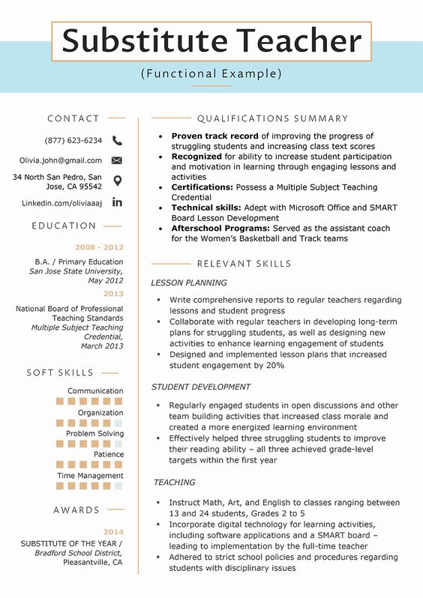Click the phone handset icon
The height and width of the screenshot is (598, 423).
point(117,140)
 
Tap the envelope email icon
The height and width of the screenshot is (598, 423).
point(117,160)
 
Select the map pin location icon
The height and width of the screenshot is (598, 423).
point(117,181)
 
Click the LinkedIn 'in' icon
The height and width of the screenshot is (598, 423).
point(117,202)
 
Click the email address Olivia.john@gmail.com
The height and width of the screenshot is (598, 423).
point(61,160)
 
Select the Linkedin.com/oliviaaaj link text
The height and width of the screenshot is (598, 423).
point(61,203)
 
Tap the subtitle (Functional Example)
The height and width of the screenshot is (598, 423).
point(211,73)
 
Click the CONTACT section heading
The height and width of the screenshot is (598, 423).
point(73,118)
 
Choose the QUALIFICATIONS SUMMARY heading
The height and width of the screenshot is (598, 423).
point(272,118)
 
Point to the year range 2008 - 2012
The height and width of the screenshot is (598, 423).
point(99,247)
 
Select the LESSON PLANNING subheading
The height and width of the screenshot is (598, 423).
point(189,283)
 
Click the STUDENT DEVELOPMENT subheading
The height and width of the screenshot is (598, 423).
point(201,387)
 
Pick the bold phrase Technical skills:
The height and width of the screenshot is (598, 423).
point(206,208)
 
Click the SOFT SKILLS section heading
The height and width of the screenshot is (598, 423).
point(60,372)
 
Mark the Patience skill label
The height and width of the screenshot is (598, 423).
point(109,454)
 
